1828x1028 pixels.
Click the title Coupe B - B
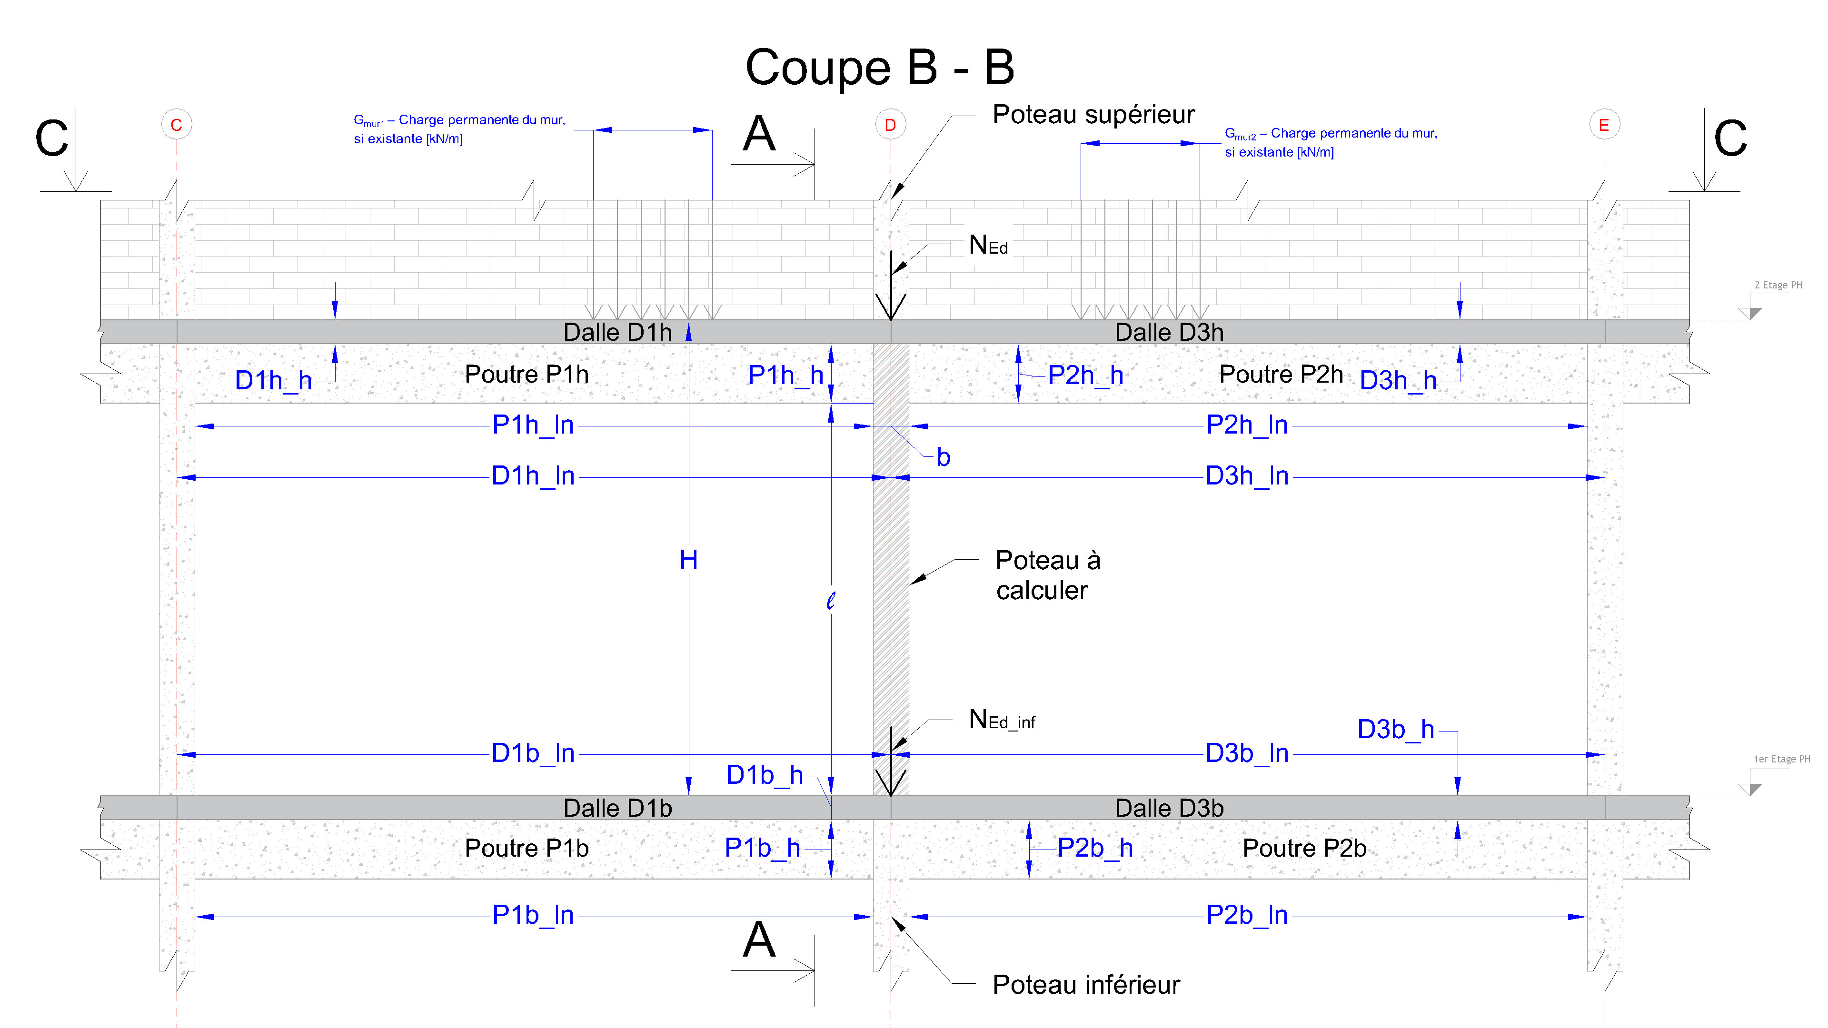(x=879, y=68)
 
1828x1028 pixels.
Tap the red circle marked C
(x=176, y=125)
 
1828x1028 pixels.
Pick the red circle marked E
(x=1604, y=125)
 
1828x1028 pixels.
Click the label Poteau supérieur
(x=1093, y=114)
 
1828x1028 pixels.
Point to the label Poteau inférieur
(x=1086, y=984)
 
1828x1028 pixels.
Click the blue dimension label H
(x=688, y=560)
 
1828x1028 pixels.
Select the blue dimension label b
(x=943, y=457)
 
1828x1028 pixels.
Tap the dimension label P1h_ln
(x=533, y=425)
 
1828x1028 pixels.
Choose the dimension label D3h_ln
(x=1247, y=476)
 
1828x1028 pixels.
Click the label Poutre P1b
(x=527, y=848)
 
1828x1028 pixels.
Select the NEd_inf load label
(x=1001, y=720)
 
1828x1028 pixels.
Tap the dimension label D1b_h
(x=764, y=775)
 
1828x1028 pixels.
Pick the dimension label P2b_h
(x=1094, y=847)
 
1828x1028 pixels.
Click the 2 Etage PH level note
(x=1778, y=285)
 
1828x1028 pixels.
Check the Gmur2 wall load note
(x=1331, y=142)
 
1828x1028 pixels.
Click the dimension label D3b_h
(x=1395, y=729)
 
